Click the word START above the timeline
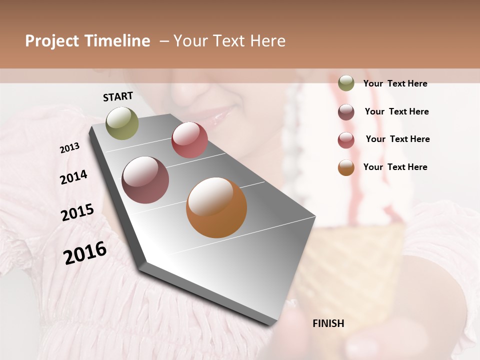[118, 96]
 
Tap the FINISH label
[328, 323]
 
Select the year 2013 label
[70, 148]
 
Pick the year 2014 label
[73, 177]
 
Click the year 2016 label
[85, 253]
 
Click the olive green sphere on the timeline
[122, 123]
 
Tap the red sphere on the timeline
[189, 140]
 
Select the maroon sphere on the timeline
[145, 180]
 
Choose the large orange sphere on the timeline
[216, 207]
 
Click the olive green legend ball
[346, 83]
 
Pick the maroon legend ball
[346, 112]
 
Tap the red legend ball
[346, 140]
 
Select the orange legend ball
[346, 167]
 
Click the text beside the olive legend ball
[395, 83]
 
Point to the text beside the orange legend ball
[395, 167]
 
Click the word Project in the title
[52, 41]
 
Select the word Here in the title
[267, 41]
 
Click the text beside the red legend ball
[397, 139]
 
